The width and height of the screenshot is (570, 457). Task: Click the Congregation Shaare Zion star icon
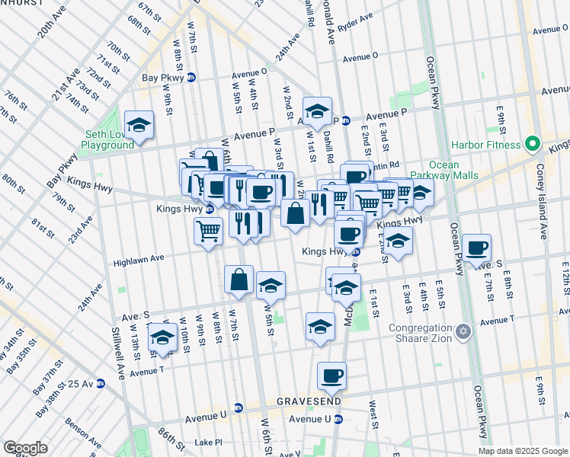point(463,332)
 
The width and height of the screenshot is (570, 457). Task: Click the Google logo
point(25,448)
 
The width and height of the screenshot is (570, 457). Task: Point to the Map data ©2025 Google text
point(523,451)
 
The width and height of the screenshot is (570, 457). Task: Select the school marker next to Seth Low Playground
point(139,125)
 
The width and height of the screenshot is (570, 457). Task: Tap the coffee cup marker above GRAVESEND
point(331,376)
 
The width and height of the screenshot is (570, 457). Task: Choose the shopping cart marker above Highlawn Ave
point(208,230)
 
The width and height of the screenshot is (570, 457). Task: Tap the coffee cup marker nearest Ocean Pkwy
point(476,248)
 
